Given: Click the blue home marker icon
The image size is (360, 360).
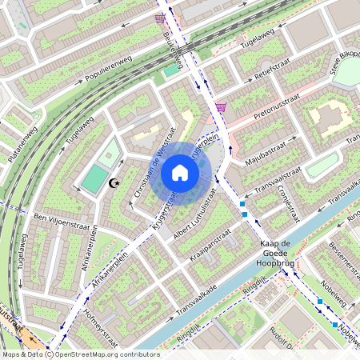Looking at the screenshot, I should pos(180,172).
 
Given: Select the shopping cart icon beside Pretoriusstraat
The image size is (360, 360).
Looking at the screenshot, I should pos(220,107).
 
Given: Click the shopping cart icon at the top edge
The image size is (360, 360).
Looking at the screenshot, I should pos(161,17).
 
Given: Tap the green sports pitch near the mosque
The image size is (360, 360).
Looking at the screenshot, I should pos(94,178).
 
